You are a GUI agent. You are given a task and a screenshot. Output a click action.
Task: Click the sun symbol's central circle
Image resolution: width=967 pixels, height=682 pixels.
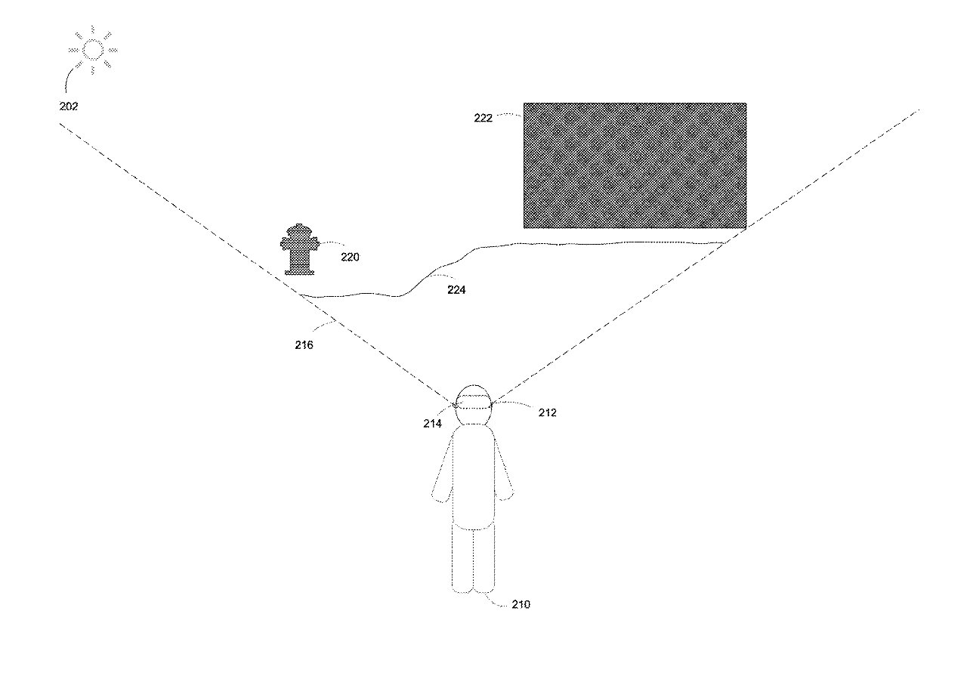click(x=93, y=50)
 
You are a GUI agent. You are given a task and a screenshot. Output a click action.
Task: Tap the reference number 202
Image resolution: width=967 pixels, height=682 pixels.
click(x=69, y=106)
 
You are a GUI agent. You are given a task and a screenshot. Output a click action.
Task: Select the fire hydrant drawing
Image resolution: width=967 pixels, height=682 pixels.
click(x=300, y=249)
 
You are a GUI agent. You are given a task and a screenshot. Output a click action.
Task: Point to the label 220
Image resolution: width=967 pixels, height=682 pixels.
click(x=350, y=258)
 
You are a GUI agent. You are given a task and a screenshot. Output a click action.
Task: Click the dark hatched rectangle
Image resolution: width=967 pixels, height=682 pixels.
click(x=635, y=165)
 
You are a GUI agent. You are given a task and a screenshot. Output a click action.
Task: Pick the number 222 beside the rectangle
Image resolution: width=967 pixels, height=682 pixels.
click(x=483, y=119)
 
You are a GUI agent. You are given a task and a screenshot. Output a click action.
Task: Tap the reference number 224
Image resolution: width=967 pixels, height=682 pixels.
click(x=456, y=289)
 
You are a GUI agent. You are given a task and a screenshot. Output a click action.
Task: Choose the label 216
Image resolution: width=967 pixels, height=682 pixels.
click(x=304, y=345)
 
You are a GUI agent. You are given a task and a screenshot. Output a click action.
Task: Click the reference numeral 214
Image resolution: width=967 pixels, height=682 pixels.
click(x=432, y=424)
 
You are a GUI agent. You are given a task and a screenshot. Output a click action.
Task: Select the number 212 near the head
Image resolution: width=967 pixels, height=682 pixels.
click(x=547, y=412)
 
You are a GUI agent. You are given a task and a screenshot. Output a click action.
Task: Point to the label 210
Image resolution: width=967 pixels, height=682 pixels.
click(x=521, y=604)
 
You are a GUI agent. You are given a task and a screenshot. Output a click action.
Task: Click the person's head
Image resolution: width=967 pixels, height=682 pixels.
click(x=474, y=405)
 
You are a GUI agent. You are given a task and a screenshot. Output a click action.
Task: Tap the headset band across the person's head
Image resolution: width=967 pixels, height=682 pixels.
click(x=474, y=405)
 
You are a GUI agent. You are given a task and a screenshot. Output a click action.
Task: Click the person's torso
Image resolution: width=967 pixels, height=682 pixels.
click(x=474, y=477)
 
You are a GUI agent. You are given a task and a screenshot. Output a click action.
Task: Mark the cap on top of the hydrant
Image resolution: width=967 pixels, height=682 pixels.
click(x=300, y=229)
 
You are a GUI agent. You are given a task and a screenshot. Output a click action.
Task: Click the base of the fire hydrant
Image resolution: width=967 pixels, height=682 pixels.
click(x=300, y=271)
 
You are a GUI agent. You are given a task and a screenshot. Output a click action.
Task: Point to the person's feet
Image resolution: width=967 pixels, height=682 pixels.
click(x=473, y=589)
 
